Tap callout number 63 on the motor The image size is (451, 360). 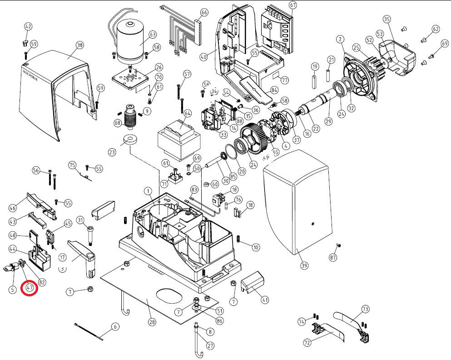152,35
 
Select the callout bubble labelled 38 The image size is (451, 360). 80,45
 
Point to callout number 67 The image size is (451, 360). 292,5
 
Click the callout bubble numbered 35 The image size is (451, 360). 387,19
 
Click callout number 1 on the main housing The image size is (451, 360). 148,190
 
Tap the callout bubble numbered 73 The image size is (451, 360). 366,309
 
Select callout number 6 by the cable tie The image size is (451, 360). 115,326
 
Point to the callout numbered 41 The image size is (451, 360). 264,300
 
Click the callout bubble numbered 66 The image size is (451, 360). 204,12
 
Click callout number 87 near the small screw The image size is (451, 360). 334,258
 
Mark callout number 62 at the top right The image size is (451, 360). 436,29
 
